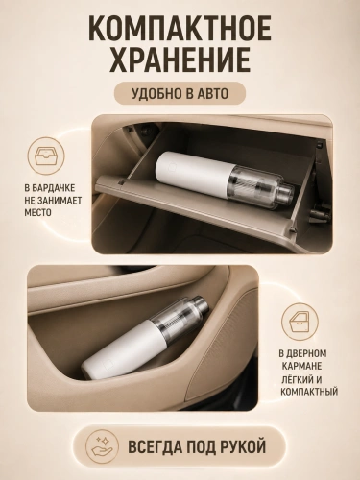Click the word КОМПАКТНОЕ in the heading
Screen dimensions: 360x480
click(x=180, y=28)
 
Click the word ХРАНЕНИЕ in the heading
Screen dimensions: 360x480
click(x=180, y=60)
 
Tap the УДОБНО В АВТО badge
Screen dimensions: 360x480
click(x=180, y=93)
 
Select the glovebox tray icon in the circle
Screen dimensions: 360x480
click(x=46, y=156)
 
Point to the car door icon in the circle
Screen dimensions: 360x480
click(x=300, y=322)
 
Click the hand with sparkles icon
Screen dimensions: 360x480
click(x=102, y=446)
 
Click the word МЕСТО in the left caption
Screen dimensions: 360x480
click(x=37, y=212)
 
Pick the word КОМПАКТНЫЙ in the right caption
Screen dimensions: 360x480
click(x=309, y=391)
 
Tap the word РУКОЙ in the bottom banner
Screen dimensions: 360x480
click(x=245, y=446)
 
